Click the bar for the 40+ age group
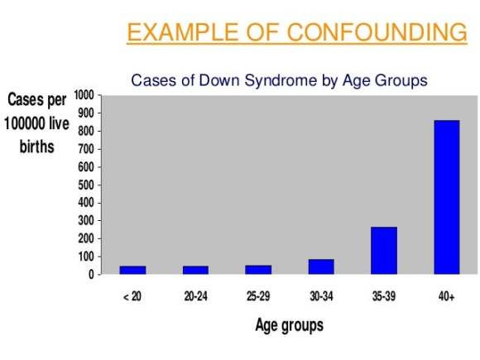click(x=447, y=197)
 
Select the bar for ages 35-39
click(x=384, y=251)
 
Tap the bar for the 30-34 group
click(x=321, y=266)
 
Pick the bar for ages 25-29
click(x=258, y=270)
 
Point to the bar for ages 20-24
click(x=195, y=270)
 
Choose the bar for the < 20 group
click(x=132, y=270)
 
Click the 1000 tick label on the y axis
click(x=84, y=95)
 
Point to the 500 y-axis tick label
click(x=86, y=185)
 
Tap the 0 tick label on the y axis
click(x=91, y=275)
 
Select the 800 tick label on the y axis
click(x=86, y=131)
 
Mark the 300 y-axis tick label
click(x=86, y=221)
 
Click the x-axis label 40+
click(x=447, y=296)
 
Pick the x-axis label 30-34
click(x=321, y=296)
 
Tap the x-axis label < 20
click(x=132, y=296)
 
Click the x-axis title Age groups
click(x=290, y=325)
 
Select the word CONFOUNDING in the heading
click(x=377, y=31)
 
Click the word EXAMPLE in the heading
click(x=183, y=31)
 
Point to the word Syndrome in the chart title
click(x=281, y=80)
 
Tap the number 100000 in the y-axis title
click(x=23, y=123)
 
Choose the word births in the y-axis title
click(x=37, y=146)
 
